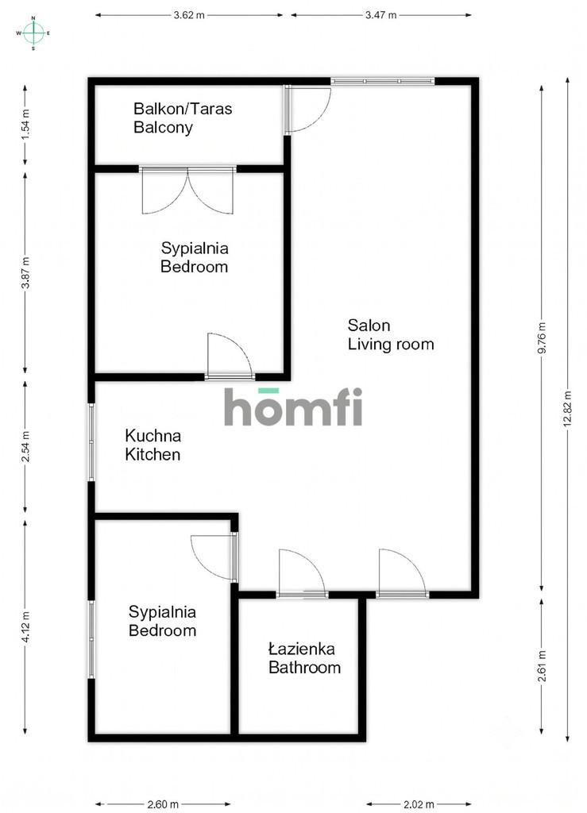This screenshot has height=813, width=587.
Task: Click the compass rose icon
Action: pos(33,33)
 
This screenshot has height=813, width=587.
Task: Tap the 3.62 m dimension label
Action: pos(189,15)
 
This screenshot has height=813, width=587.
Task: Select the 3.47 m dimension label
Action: pos(380,15)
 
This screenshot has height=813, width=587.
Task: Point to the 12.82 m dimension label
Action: pos(567,408)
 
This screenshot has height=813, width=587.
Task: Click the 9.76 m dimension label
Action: pos(542,337)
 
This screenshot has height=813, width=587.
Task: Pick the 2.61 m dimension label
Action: pos(542,666)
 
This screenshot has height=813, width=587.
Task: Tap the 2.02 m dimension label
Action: pos(419,804)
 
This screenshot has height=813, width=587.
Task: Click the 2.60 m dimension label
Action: pos(163,804)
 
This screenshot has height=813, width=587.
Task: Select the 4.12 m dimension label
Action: pos(25,627)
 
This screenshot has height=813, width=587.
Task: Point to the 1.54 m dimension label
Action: pos(25,125)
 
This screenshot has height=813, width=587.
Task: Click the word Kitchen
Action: pos(153,455)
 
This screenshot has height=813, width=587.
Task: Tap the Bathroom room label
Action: pos(304,667)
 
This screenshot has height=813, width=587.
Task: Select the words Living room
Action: pos(391,345)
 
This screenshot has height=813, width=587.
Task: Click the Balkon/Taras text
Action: pos(183,109)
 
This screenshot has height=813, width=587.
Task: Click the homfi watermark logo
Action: pos(293,406)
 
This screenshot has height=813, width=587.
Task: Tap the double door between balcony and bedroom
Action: pos(187,191)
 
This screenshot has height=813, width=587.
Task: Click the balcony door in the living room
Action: pos(307,110)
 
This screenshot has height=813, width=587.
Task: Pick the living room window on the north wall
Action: pos(382,81)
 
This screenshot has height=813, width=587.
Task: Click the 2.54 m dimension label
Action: pos(25,447)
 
